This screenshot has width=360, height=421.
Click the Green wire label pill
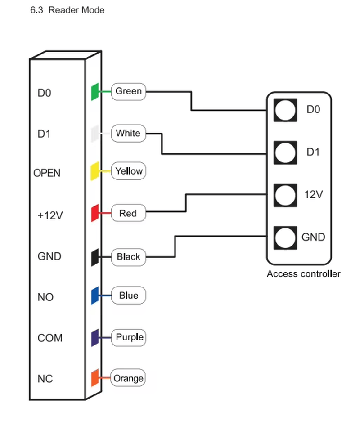(128, 92)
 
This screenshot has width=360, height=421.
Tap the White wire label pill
(128, 134)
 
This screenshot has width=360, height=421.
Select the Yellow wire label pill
(128, 171)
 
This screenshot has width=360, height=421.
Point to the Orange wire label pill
(128, 378)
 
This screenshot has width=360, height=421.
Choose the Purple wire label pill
(128, 337)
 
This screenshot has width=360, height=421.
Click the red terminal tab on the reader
(95, 213)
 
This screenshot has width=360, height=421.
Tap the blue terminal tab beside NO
(95, 296)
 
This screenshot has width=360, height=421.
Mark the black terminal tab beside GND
(95, 257)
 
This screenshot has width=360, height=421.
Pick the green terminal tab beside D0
(95, 92)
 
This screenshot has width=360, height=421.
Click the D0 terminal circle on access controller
(285, 110)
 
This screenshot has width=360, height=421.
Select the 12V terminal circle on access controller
(285, 195)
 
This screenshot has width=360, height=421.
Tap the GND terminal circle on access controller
(285, 238)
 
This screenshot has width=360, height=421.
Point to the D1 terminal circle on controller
(285, 152)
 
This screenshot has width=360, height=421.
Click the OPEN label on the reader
(47, 173)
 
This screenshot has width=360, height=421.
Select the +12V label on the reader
(50, 215)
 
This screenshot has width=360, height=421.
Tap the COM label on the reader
(50, 338)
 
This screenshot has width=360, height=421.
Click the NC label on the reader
(45, 379)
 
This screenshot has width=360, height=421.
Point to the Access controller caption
(304, 274)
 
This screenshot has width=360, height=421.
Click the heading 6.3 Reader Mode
(67, 10)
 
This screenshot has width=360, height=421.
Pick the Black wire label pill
(128, 257)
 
